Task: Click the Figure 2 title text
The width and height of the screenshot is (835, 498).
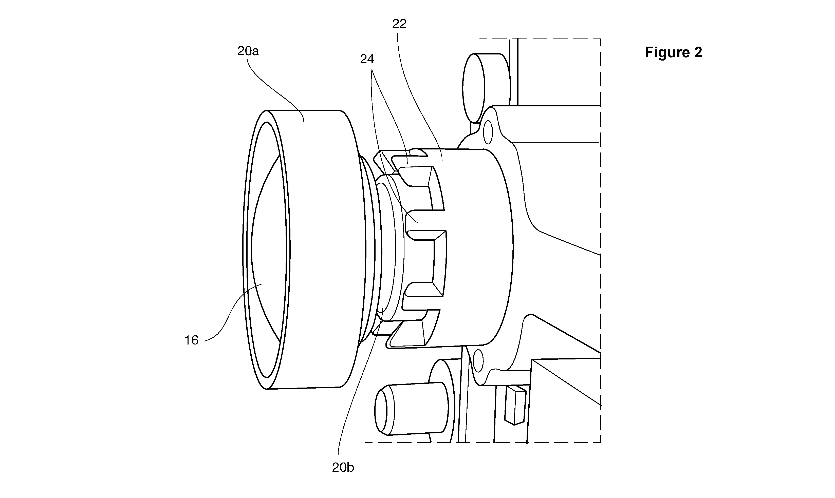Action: point(673,52)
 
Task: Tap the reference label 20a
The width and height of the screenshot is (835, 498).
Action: point(248,51)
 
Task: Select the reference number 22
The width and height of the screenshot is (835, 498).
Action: point(399,24)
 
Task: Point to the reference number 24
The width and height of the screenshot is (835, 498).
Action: point(367,59)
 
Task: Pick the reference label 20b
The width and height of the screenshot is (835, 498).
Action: point(343,467)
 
